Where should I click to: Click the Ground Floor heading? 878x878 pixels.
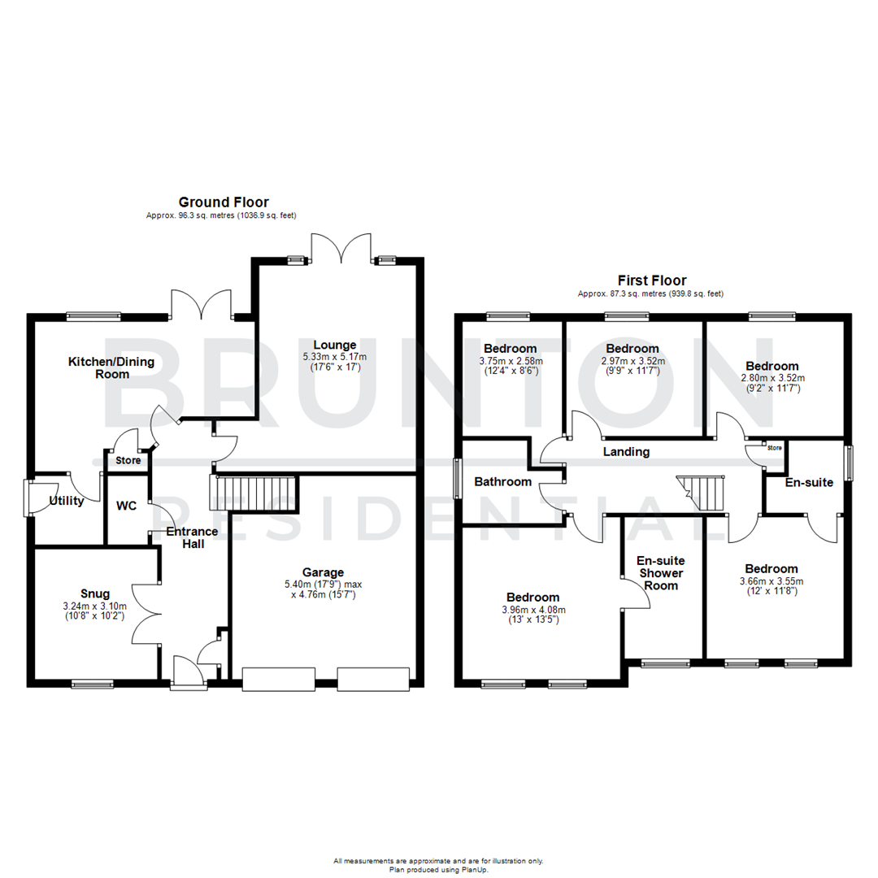[224, 202]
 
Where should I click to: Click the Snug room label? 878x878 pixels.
[94, 593]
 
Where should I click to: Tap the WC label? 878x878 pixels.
[126, 506]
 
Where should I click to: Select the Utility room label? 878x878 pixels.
[67, 501]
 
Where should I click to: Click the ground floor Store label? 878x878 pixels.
[128, 461]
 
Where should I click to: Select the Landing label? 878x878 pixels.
[626, 452]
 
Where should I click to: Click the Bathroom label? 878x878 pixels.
[503, 481]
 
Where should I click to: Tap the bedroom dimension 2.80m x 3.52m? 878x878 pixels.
[772, 377]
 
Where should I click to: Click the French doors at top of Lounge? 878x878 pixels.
[341, 248]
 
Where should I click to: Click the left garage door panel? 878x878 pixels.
[277, 680]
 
